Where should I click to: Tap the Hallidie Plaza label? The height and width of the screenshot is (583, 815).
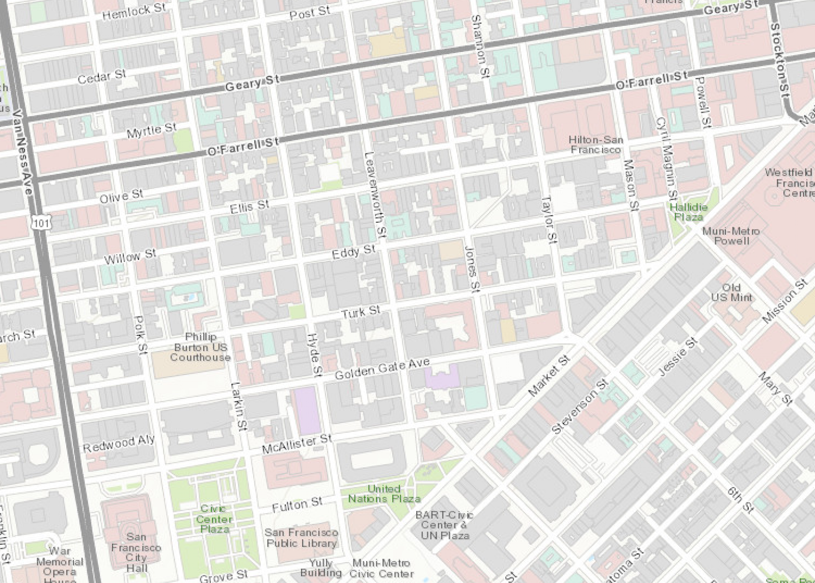tap(688, 212)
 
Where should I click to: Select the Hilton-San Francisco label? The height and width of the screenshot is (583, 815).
tap(595, 145)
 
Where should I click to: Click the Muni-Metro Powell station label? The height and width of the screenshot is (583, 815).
tap(731, 236)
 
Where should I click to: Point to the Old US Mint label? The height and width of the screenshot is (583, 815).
tap(731, 293)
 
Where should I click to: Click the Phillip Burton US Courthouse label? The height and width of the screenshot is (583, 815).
tap(200, 347)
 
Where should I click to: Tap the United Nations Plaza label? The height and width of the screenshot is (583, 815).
tap(384, 494)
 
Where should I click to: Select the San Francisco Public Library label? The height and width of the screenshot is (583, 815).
tap(302, 538)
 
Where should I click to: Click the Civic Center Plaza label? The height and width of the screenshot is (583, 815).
tap(214, 519)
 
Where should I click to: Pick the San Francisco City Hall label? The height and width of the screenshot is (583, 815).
tap(136, 552)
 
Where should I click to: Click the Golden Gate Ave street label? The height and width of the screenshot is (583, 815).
tap(382, 368)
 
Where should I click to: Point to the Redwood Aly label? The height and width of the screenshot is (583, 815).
tap(119, 443)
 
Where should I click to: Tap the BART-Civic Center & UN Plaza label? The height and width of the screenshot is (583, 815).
tap(444, 525)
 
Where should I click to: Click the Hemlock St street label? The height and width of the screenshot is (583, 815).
tap(133, 11)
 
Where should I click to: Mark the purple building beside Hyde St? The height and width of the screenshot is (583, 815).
tap(307, 410)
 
